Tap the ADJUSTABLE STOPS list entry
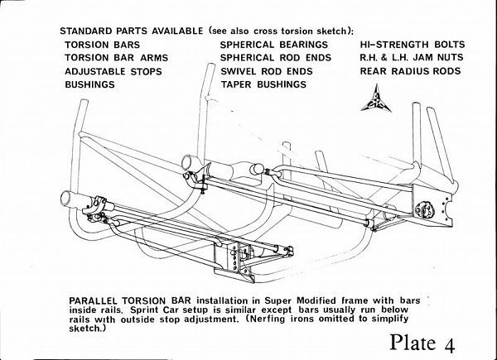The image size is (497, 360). coord(113,71)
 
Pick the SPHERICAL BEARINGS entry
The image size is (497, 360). coord(273,44)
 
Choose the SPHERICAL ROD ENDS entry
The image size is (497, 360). coord(276,58)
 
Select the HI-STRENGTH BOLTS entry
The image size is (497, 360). coord(412,44)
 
